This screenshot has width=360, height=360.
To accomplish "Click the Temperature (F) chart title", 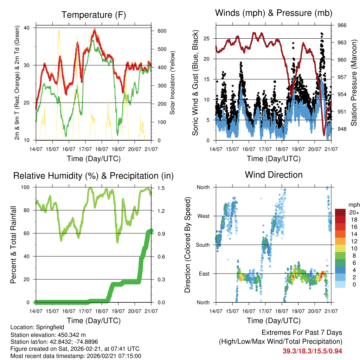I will tap(94, 15).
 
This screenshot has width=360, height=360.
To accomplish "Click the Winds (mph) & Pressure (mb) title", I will tap(274, 13).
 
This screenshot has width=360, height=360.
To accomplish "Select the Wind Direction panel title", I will tap(274, 174).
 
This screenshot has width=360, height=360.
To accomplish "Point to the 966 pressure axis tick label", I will tap(342, 25).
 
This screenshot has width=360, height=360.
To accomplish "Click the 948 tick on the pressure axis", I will tap(342, 129).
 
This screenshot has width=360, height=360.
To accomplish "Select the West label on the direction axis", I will tap(203, 216).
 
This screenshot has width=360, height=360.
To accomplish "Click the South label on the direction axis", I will tap(203, 245).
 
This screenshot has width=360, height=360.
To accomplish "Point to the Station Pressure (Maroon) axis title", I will tap(354, 83).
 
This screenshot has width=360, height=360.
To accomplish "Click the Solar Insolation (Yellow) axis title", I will tap(173, 83).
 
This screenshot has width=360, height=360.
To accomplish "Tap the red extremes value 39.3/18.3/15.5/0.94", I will tap(312, 351).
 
